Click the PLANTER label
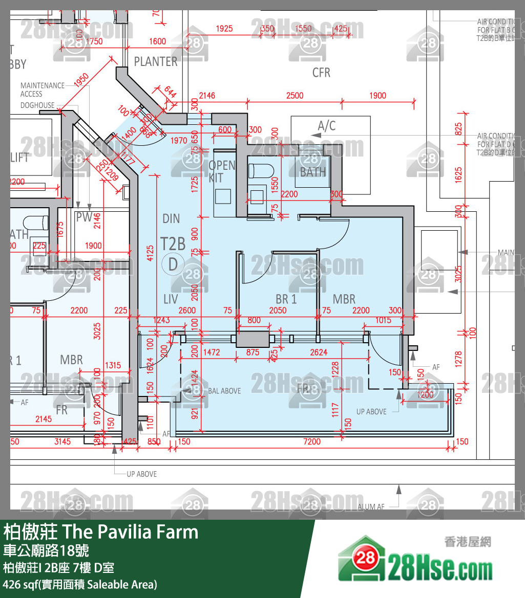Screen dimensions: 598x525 [x=156, y=61]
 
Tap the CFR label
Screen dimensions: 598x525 [x=321, y=73]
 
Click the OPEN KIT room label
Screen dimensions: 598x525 [x=222, y=171]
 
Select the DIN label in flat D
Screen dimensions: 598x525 [x=171, y=219]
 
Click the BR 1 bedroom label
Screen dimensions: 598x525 [x=286, y=299]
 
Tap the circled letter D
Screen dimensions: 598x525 [x=173, y=264]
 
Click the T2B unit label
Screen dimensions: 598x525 [x=173, y=243]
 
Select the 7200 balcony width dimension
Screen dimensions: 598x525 [x=312, y=441]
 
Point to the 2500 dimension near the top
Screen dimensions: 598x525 [x=295, y=96]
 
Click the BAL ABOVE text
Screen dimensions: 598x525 [x=224, y=391]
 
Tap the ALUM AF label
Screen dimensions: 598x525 [x=371, y=507]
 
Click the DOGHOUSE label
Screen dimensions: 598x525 [x=37, y=105]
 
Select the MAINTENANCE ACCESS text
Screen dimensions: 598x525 [x=43, y=90]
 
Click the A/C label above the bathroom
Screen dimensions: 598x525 [x=327, y=126]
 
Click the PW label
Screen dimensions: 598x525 [x=84, y=217]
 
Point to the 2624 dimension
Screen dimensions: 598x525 [x=319, y=352]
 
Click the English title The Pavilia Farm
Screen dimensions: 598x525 [x=130, y=532]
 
